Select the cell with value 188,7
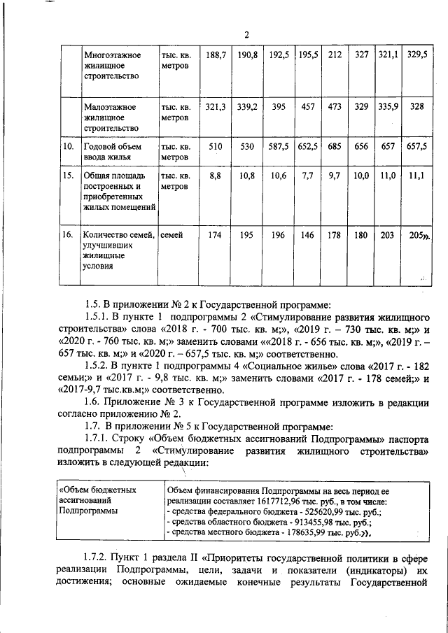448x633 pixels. (214, 54)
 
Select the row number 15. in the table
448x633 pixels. (69, 176)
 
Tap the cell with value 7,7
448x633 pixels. (307, 176)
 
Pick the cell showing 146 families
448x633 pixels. (307, 236)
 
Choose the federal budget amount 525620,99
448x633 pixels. (307, 512)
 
